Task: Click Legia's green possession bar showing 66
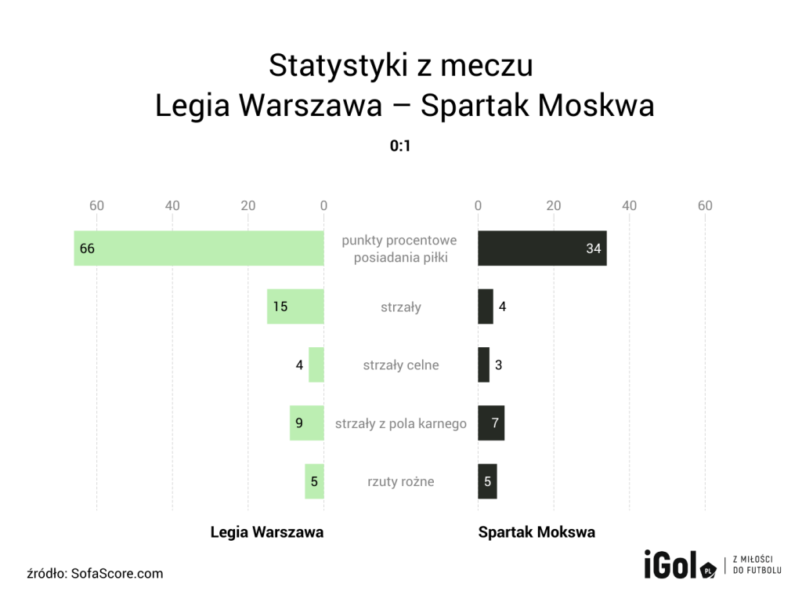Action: [199, 248]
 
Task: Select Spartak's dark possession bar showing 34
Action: [542, 248]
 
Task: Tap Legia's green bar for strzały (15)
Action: [295, 306]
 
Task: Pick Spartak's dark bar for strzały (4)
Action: [486, 306]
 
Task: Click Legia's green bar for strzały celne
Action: [316, 364]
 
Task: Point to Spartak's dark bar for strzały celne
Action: [483, 364]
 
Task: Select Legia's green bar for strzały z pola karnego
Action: [306, 423]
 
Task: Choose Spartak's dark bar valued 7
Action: [491, 423]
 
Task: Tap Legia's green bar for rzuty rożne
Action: [314, 481]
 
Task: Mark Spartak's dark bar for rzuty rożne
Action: [487, 481]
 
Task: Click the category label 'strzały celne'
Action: [401, 364]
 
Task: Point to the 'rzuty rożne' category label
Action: [401, 481]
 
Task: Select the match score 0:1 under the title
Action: [401, 146]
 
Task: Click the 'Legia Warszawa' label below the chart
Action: [267, 532]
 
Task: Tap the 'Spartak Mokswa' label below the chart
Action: [536, 532]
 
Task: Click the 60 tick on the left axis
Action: [97, 205]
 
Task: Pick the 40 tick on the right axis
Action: [630, 205]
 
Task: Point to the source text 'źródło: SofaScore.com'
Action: [95, 573]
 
